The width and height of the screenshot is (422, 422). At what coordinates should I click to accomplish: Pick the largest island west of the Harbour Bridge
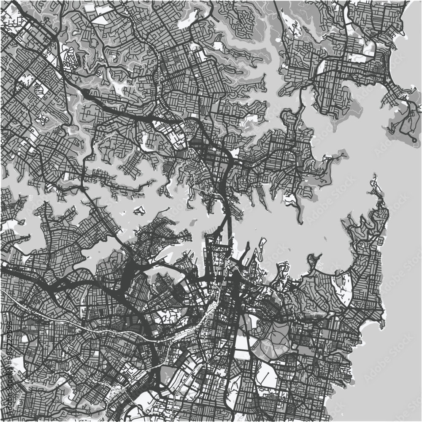point(140,210)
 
